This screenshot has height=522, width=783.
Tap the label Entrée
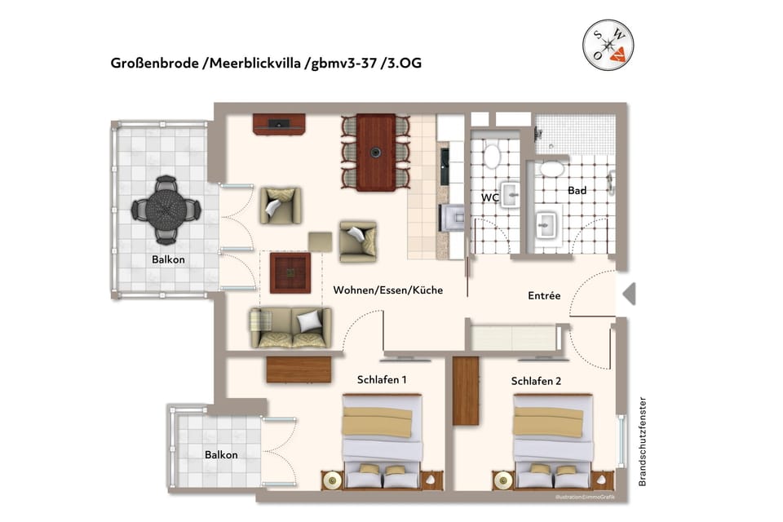(544, 295)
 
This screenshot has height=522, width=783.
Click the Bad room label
(577, 190)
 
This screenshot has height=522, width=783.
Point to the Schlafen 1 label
(382, 380)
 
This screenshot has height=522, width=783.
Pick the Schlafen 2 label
(536, 381)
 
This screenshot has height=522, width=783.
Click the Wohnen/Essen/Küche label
(387, 289)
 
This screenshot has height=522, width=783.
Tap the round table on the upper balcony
(166, 210)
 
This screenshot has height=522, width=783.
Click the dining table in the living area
(375, 152)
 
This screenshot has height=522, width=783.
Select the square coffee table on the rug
(290, 272)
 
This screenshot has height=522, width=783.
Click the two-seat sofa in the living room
(290, 327)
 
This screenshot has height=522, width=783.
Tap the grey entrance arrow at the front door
(628, 294)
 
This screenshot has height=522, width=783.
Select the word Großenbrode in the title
(155, 64)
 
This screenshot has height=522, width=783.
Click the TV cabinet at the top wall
(279, 124)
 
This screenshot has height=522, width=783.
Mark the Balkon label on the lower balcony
(221, 454)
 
